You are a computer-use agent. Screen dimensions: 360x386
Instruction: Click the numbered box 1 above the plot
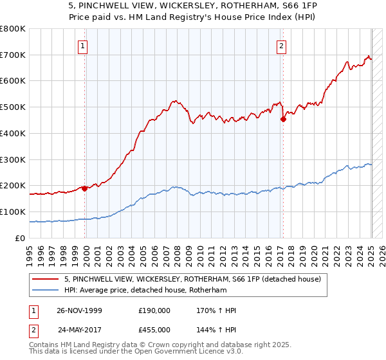click(84, 46)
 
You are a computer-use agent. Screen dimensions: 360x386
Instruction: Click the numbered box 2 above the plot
click(282, 46)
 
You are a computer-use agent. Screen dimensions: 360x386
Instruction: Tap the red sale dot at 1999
click(84, 188)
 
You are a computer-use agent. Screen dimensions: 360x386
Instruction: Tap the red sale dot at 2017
click(283, 119)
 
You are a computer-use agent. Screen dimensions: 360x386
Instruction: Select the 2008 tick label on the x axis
click(176, 250)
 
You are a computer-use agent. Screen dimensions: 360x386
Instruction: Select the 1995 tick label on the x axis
click(30, 250)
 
